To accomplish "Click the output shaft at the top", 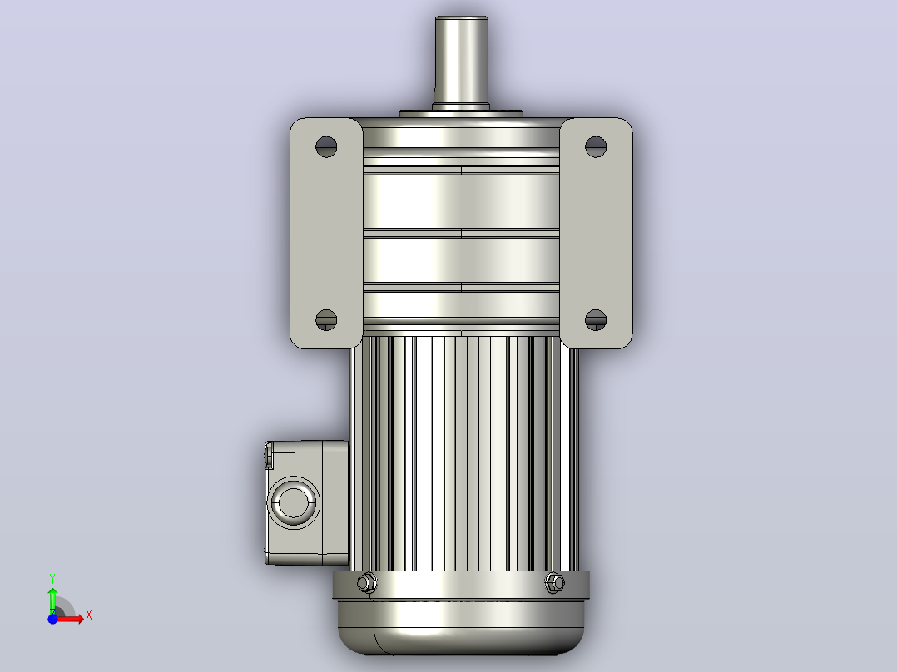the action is coord(461,62).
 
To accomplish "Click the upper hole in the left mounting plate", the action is coord(326,146).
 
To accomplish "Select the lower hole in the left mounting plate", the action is coord(326,319).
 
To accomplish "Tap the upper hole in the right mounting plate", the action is coord(596,146).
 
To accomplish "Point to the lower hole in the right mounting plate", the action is coord(596,319).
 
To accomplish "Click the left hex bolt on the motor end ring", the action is coord(367,582).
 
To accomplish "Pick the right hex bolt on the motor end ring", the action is coord(554,582).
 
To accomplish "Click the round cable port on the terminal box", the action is coord(294,502).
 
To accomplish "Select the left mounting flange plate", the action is coord(326,234).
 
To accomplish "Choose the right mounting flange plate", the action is coord(596,234).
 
